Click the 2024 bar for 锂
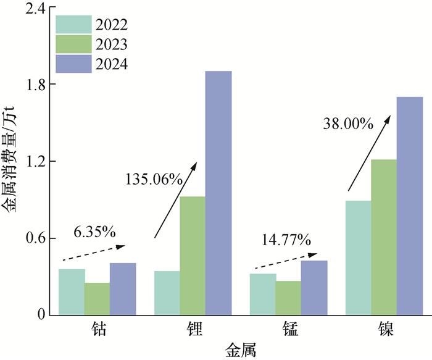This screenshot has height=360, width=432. (x=218, y=193)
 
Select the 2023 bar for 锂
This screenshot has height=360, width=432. (x=193, y=256)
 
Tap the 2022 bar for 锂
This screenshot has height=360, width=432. (x=167, y=293)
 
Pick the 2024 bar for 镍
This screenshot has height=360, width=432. (x=410, y=206)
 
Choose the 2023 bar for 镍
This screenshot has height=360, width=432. (x=384, y=237)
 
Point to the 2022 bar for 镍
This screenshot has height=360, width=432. (x=358, y=257)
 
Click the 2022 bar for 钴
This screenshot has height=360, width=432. (x=72, y=291)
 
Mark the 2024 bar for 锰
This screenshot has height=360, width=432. (x=314, y=287)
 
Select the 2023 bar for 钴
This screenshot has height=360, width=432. (x=98, y=298)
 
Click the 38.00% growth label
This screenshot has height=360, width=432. (x=348, y=123)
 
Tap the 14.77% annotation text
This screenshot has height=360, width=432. (x=286, y=240)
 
